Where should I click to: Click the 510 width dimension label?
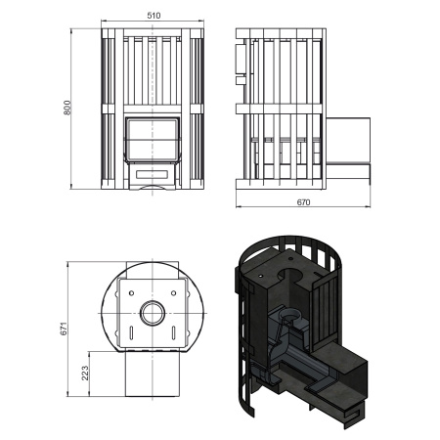click(x=154, y=16)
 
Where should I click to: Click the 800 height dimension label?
click(x=67, y=108)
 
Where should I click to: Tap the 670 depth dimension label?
click(x=303, y=202)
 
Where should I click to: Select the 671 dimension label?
click(x=64, y=329)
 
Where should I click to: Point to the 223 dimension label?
click(x=85, y=374)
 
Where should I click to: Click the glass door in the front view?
click(x=153, y=140)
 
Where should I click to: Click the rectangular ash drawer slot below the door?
click(x=153, y=174)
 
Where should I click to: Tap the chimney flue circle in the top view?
click(x=153, y=313)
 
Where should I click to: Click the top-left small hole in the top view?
click(x=131, y=293)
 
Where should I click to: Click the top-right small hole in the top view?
click(x=174, y=293)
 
